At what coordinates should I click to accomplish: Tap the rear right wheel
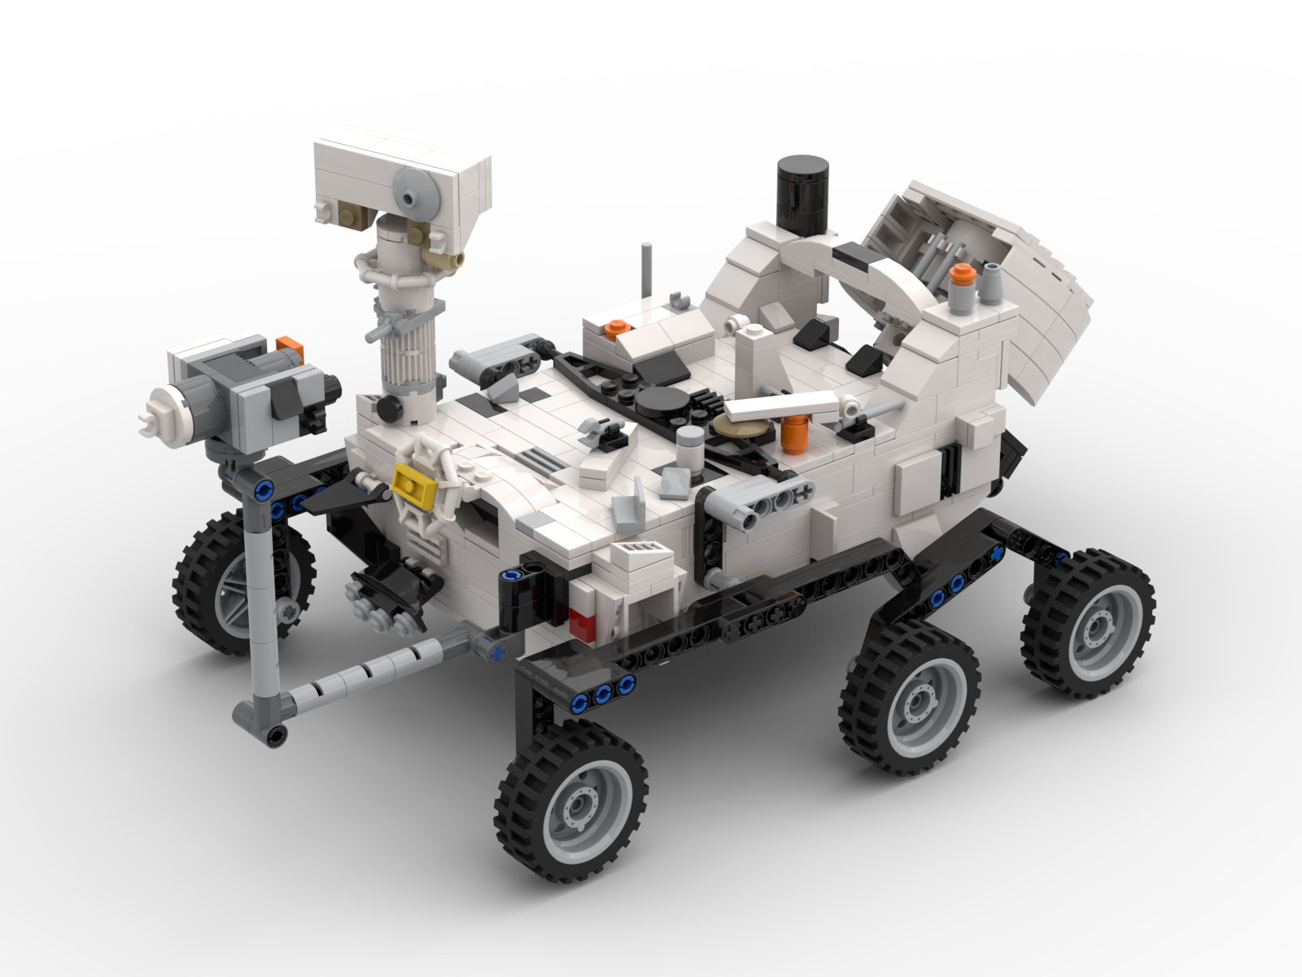1088,623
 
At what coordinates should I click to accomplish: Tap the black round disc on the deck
662,401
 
